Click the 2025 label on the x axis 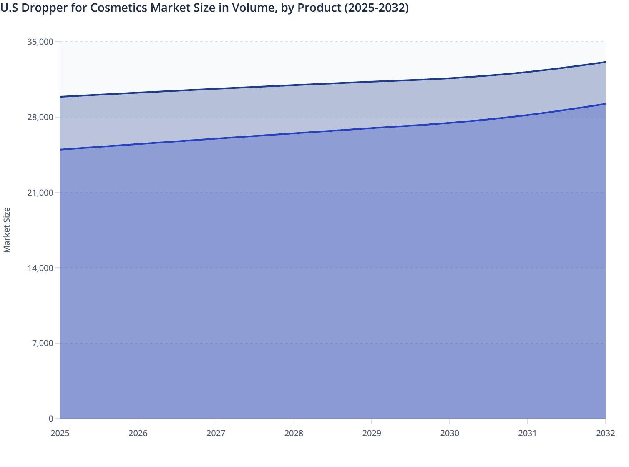click(x=60, y=433)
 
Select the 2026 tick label click(x=138, y=433)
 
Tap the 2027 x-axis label click(x=216, y=433)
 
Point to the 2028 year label click(x=294, y=433)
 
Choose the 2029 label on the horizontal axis click(x=372, y=433)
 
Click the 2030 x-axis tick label click(x=450, y=433)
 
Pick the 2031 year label click(x=527, y=433)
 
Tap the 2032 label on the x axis click(x=605, y=433)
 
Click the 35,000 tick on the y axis click(x=40, y=42)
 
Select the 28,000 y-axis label click(x=40, y=117)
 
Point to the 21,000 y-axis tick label click(x=40, y=193)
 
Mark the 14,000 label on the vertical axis click(x=40, y=268)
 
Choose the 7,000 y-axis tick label click(x=42, y=343)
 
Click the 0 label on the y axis click(x=51, y=419)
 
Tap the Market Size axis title click(x=7, y=230)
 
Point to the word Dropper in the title click(x=40, y=8)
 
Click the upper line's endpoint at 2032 click(x=605, y=62)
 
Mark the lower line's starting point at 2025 click(x=60, y=149)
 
